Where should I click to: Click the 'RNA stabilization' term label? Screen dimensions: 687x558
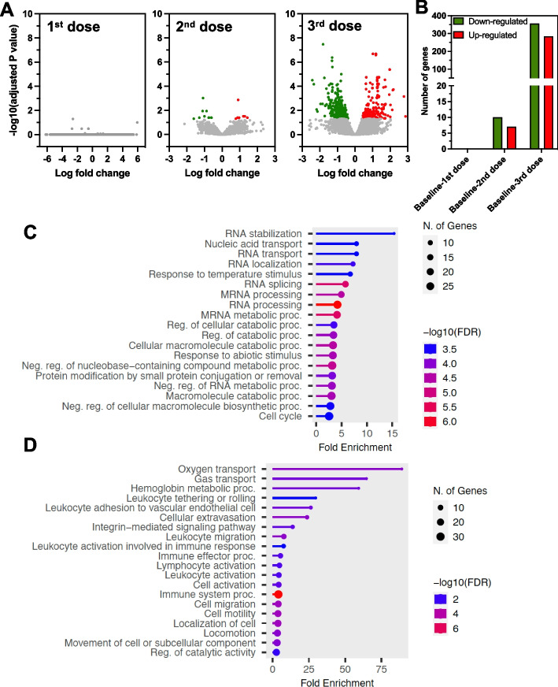click(262, 233)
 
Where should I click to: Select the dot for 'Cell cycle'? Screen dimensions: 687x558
click(330, 416)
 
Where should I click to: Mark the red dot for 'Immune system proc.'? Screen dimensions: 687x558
click(278, 594)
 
